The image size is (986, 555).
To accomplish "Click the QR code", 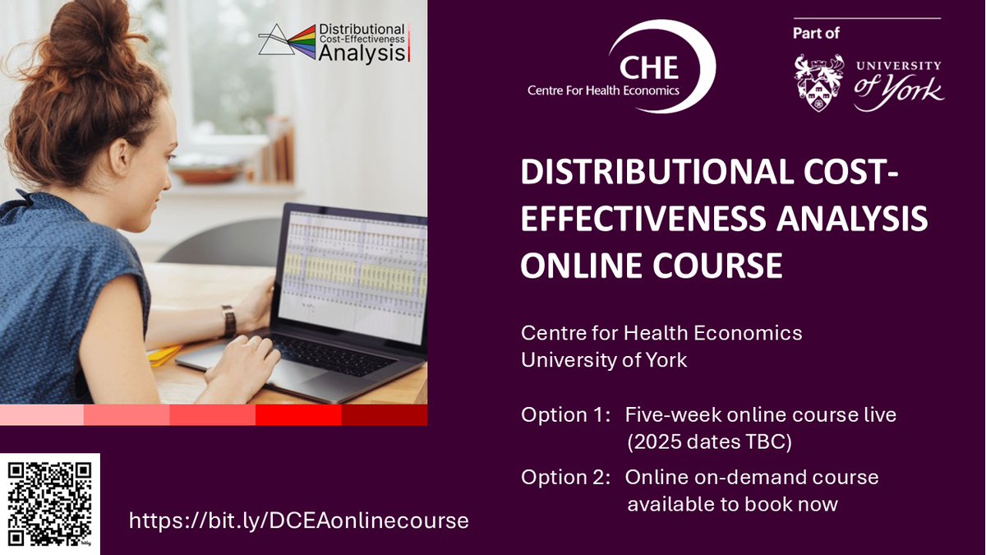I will (x=49, y=503).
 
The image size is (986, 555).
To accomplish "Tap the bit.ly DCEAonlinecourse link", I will (x=299, y=520).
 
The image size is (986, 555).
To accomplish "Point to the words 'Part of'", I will (x=816, y=34).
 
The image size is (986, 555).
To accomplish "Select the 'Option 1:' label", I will (x=565, y=415).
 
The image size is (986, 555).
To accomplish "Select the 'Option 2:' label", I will (x=565, y=478).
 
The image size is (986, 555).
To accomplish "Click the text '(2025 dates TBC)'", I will (x=709, y=442).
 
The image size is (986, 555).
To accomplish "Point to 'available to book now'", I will (x=732, y=504).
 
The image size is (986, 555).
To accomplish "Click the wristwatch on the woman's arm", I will (x=228, y=320).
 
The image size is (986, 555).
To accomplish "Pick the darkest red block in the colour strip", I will (x=384, y=415).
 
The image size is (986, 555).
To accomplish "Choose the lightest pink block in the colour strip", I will (x=42, y=415).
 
